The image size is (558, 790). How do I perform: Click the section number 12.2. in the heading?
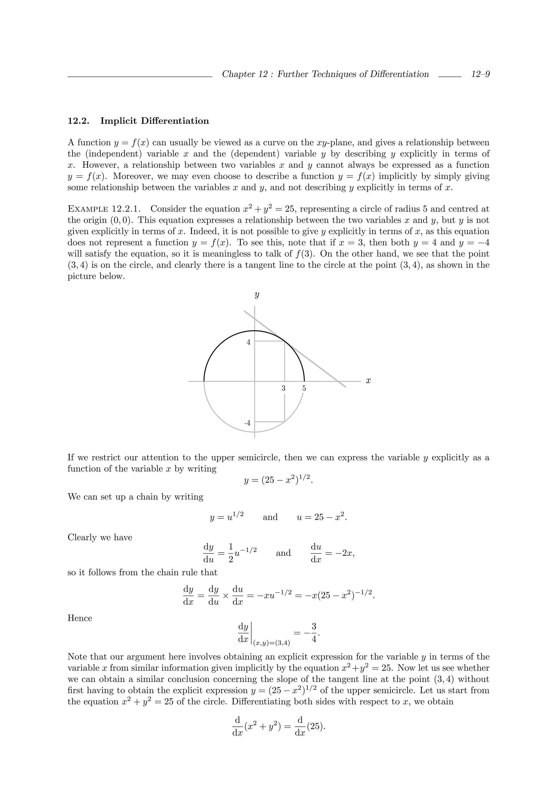click(78, 121)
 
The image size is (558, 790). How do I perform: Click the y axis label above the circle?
click(256, 295)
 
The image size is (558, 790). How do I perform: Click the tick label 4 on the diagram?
click(248, 342)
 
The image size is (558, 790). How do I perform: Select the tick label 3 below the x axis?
click(283, 388)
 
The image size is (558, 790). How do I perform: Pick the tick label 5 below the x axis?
click(304, 388)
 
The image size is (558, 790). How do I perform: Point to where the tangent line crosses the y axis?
click(254, 319)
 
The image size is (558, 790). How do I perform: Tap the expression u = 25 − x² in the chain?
click(322, 517)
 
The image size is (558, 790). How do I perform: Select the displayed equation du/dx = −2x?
click(332, 553)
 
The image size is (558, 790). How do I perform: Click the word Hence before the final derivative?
click(80, 618)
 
